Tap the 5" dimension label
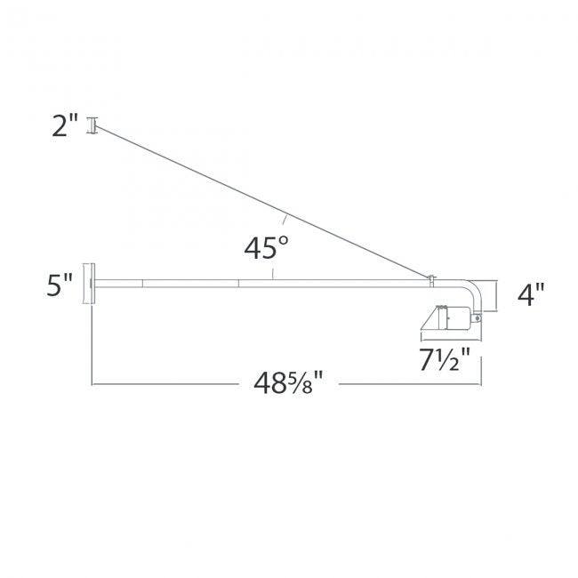[60, 286]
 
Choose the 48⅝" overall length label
[286, 384]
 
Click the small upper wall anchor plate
[90, 126]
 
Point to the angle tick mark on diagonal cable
[284, 218]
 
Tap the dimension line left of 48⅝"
[160, 384]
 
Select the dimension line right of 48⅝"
[409, 384]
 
